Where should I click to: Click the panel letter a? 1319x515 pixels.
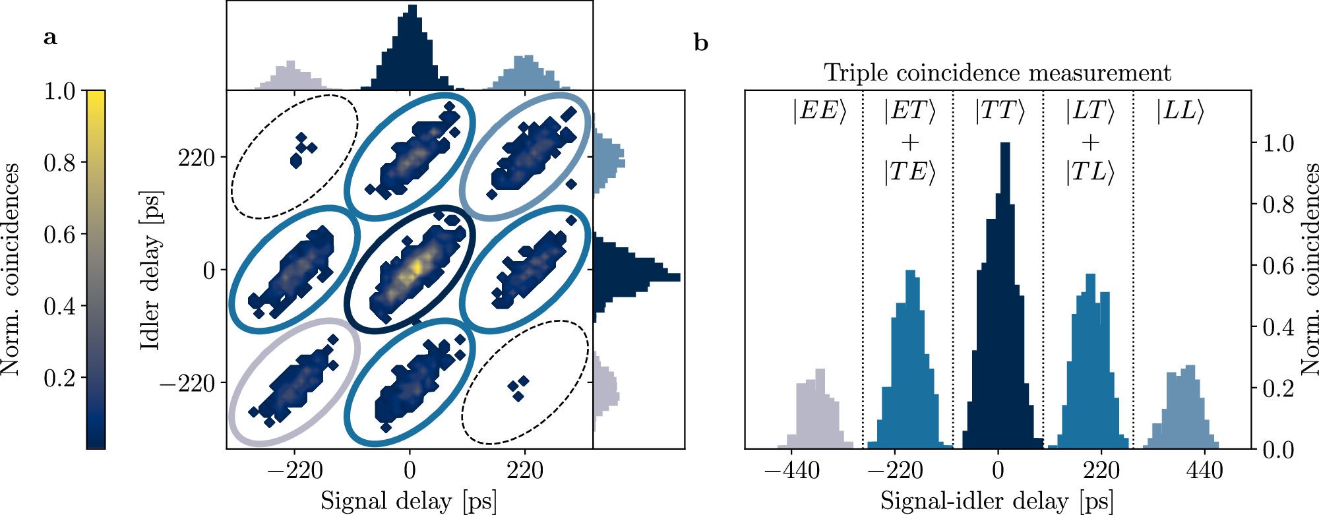pos(49,38)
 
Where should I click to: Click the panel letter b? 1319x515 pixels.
pos(701,44)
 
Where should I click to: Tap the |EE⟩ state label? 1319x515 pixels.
pos(820,111)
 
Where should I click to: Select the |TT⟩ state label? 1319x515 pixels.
pos(1000,111)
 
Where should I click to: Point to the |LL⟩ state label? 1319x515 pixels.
pos(1180,111)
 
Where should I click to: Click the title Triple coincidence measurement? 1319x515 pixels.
pos(997,73)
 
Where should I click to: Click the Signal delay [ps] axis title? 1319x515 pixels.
pos(409,501)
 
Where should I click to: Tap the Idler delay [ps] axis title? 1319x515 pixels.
pos(151,270)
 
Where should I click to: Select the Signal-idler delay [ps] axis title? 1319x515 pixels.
pos(997,501)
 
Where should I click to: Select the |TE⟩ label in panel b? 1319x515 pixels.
pos(909,172)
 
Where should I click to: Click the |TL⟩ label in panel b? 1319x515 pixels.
pos(1089,172)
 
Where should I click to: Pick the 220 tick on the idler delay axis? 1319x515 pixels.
pos(197,158)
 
